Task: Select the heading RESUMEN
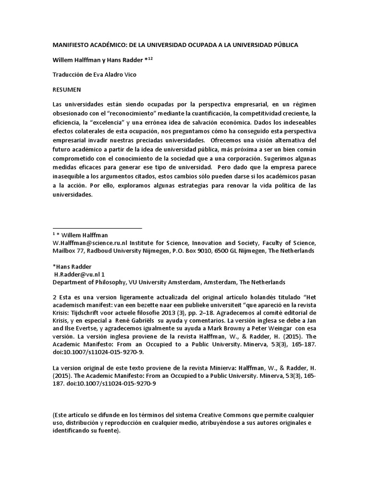click(x=67, y=89)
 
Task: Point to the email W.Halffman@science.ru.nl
click(x=90, y=243)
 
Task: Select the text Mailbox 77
click(x=68, y=251)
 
